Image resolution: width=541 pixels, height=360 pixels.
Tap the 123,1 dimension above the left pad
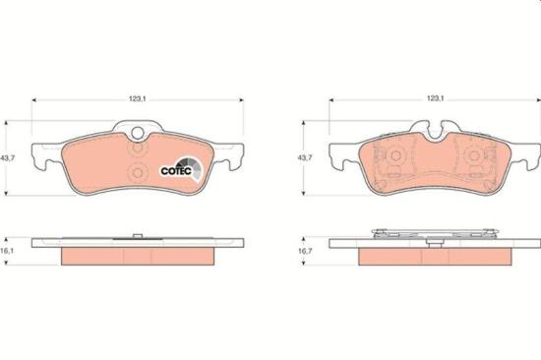[138, 98]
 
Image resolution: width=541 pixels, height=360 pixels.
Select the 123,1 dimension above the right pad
[435, 98]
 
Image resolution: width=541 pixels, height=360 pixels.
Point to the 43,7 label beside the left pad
[7, 158]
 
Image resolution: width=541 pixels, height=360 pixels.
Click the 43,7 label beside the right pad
[305, 157]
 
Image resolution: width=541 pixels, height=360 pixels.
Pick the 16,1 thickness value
[7, 251]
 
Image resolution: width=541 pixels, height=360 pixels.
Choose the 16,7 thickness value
[305, 251]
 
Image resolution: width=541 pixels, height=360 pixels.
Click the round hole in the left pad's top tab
[138, 133]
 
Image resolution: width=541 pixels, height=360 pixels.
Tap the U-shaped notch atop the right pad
[435, 133]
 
